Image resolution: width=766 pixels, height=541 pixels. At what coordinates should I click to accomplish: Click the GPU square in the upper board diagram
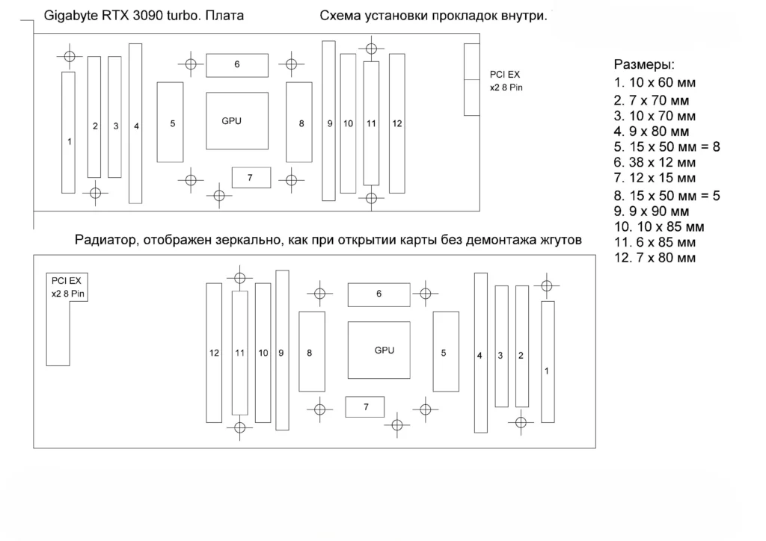[237, 120]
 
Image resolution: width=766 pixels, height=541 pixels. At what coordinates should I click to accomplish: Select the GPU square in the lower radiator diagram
[379, 350]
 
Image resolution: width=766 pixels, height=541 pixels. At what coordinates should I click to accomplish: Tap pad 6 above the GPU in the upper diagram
[237, 65]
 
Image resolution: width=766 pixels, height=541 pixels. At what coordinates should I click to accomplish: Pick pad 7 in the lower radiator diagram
[364, 406]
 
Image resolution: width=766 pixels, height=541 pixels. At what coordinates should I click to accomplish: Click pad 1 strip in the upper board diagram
[68, 132]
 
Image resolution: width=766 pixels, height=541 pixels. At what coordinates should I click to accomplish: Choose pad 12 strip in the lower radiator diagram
[214, 353]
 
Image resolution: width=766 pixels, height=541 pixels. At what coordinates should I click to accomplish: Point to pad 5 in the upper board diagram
[170, 122]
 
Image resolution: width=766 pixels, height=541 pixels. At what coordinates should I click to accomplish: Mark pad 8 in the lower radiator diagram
[312, 351]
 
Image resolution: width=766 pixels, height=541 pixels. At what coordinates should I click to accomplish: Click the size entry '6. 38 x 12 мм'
[655, 162]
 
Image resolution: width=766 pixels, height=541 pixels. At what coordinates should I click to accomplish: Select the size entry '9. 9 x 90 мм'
[652, 211]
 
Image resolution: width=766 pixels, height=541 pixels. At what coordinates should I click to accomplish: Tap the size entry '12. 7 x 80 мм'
[655, 258]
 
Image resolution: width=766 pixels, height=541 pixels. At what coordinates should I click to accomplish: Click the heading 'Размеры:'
[644, 64]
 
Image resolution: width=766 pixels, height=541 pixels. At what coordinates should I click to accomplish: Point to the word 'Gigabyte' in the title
[71, 16]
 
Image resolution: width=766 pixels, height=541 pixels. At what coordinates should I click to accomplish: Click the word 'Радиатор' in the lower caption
[105, 240]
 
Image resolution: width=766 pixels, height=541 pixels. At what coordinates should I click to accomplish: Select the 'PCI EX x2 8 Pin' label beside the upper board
[506, 81]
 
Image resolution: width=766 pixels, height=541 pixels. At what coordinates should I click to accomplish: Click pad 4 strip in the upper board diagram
[135, 123]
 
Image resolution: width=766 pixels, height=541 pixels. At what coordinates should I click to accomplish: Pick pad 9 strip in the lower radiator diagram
[282, 350]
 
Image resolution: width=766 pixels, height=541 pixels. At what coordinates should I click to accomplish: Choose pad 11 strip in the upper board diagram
[371, 123]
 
